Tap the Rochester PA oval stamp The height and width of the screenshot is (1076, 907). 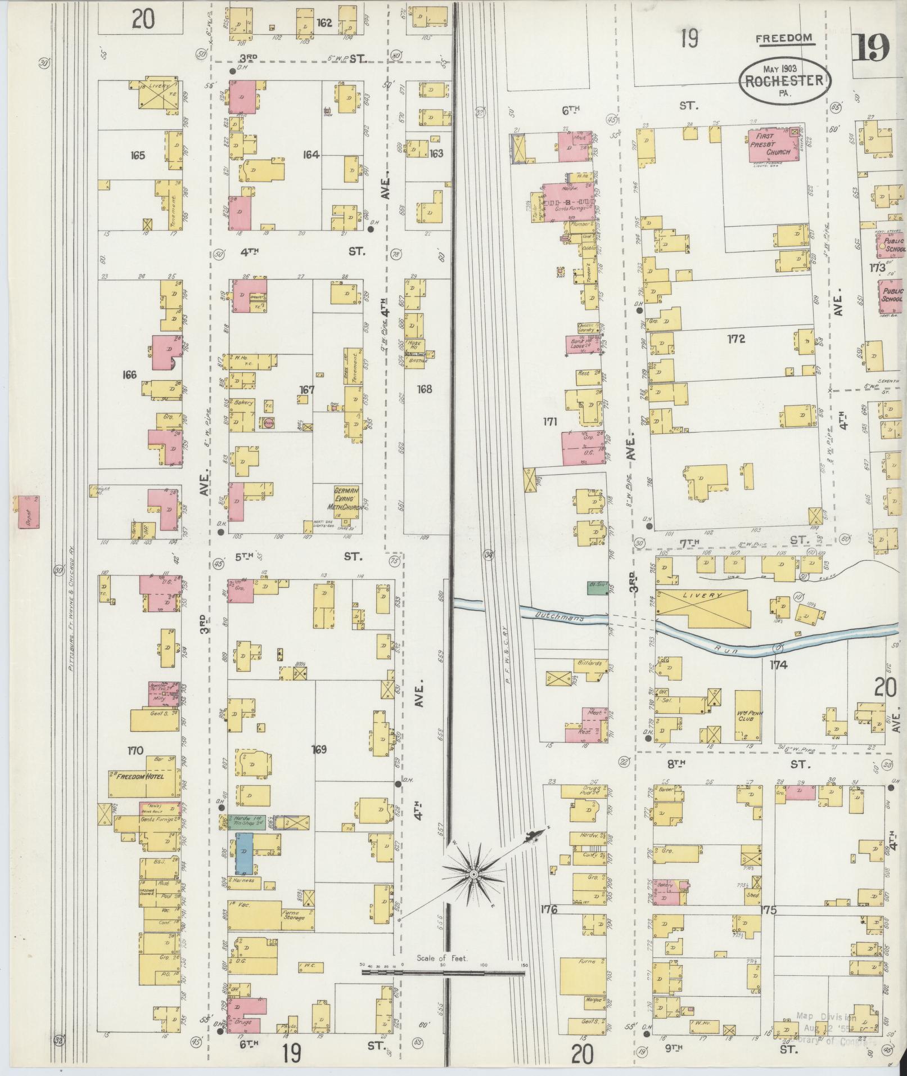[784, 81]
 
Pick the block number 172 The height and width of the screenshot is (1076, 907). [735, 339]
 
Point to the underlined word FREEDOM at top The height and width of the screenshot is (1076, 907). [784, 38]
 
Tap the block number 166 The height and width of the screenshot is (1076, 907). [129, 375]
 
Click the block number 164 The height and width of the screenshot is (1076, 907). [311, 154]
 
